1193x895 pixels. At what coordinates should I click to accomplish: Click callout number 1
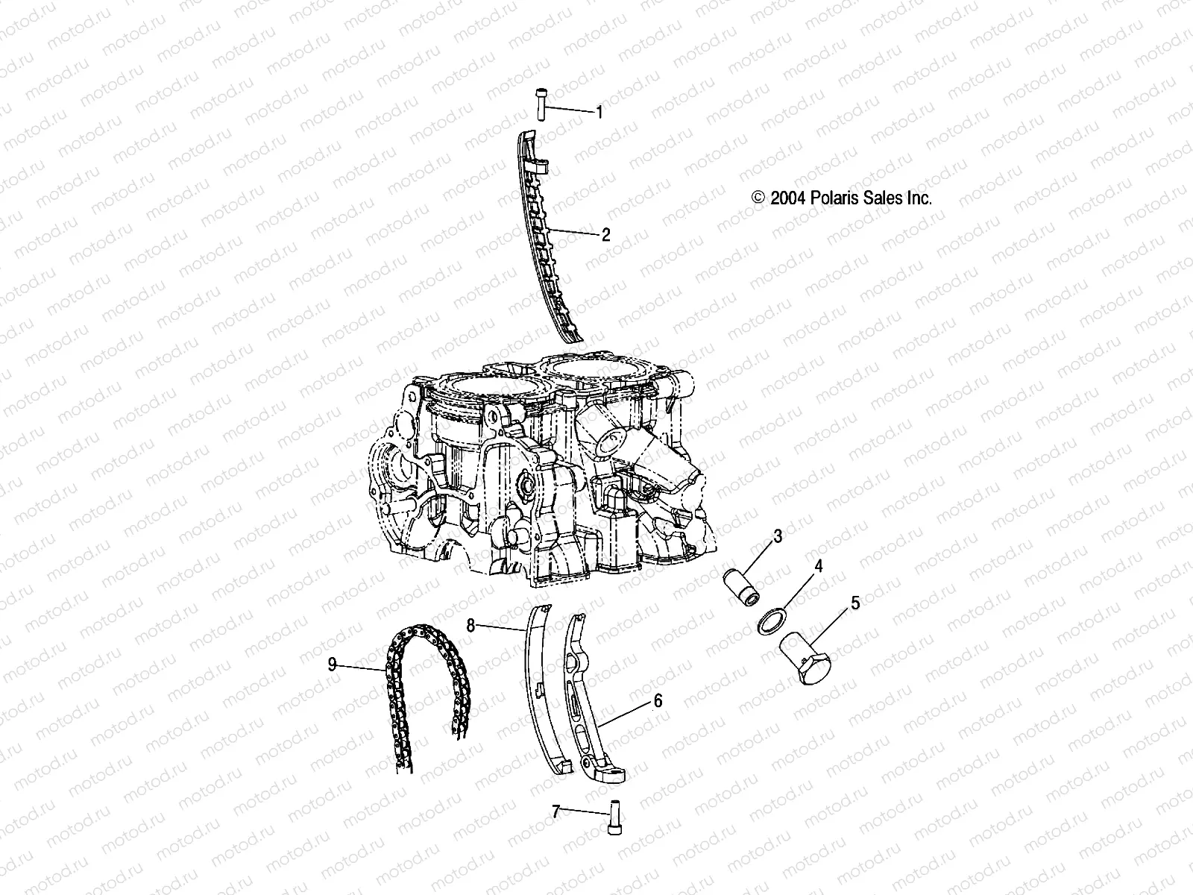(599, 113)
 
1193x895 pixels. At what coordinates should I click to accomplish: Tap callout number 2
(605, 235)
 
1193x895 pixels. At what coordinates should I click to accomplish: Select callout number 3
(777, 536)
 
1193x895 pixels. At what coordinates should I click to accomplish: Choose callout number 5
(855, 603)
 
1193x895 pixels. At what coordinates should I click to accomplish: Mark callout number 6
(658, 701)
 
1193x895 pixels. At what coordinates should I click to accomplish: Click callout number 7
(555, 811)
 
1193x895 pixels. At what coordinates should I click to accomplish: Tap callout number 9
(333, 665)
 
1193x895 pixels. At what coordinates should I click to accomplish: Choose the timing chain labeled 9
(421, 671)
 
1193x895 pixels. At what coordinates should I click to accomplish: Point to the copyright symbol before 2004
(759, 198)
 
